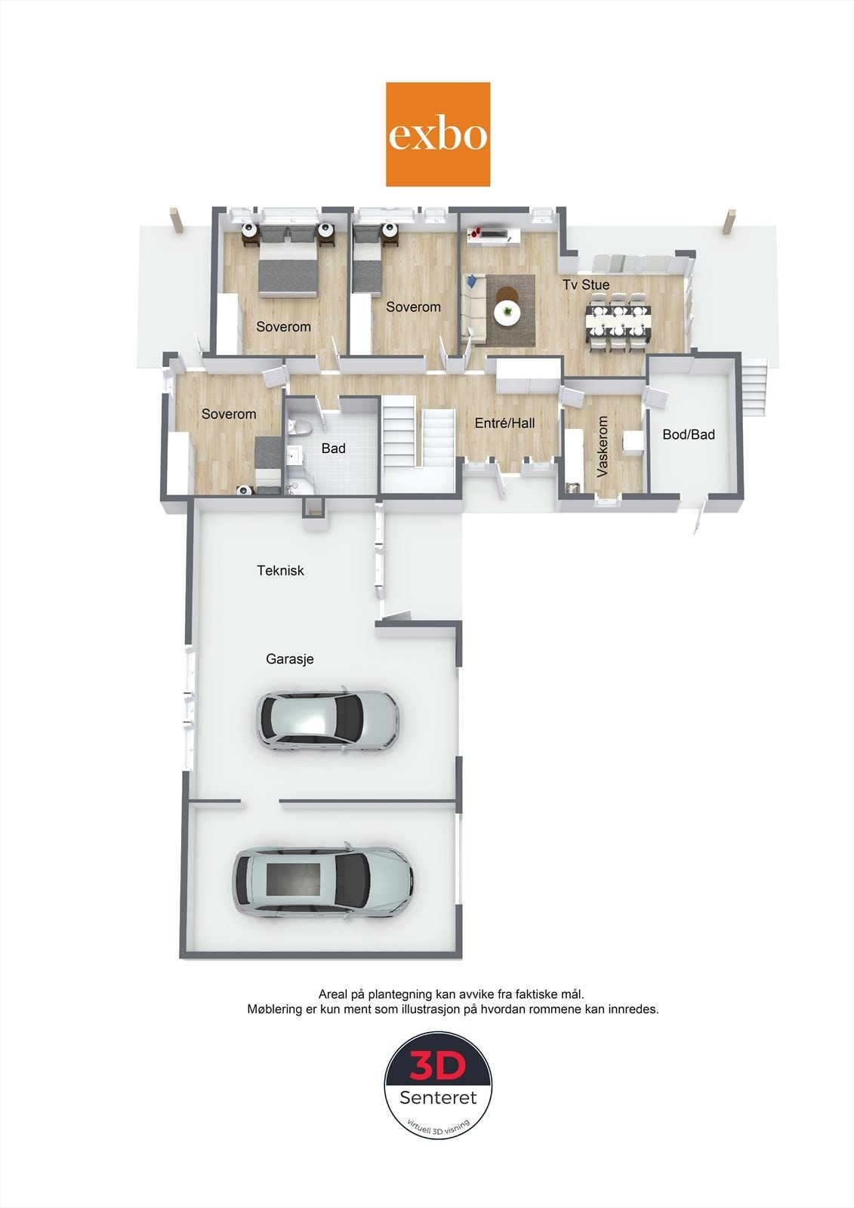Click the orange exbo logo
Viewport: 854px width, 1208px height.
pos(438,134)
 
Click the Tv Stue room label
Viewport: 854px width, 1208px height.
pos(586,285)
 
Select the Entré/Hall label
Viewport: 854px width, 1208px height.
pos(504,424)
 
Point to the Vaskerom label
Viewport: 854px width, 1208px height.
pos(603,447)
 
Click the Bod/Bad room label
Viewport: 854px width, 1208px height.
pos(688,434)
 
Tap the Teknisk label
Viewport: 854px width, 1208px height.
pos(280,571)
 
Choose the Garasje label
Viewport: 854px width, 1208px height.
pos(289,659)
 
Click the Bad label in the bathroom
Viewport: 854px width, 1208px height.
pos(333,448)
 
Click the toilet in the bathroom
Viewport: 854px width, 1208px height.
pos(299,427)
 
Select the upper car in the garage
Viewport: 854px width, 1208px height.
pos(328,720)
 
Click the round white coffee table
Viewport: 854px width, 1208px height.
pos(507,312)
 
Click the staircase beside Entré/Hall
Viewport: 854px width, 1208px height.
pos(418,439)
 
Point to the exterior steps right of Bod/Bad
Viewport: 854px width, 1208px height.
pos(754,387)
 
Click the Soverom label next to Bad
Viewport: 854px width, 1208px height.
pos(229,414)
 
